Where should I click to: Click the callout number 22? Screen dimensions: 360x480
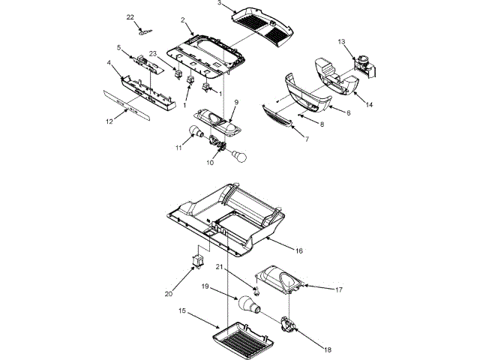(130, 16)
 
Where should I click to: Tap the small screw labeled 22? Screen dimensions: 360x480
(144, 31)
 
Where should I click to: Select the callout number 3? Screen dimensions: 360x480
(220, 3)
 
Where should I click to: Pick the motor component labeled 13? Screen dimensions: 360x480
(363, 63)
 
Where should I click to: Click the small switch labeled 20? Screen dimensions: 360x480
(199, 260)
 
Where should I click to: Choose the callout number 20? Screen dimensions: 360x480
(169, 293)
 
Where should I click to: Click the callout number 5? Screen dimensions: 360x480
(119, 47)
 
